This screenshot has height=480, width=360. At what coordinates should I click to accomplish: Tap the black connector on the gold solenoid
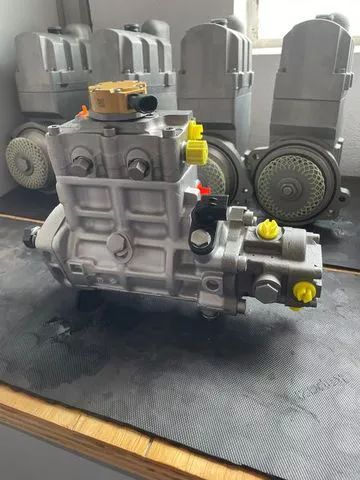pyautogui.click(x=147, y=103)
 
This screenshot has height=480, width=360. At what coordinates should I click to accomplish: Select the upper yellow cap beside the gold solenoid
pyautogui.click(x=194, y=129)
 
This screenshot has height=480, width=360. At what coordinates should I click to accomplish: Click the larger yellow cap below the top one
pyautogui.click(x=197, y=151)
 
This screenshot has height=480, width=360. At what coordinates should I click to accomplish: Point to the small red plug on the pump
pyautogui.click(x=203, y=189)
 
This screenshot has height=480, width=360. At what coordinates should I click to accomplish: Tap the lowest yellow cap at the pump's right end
pyautogui.click(x=303, y=291)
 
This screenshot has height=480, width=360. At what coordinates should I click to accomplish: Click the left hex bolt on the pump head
pyautogui.click(x=81, y=165)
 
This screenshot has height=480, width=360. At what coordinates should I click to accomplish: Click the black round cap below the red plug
pyautogui.click(x=200, y=240)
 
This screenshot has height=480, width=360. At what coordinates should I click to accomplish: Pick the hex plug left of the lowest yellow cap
pyautogui.click(x=267, y=288)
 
